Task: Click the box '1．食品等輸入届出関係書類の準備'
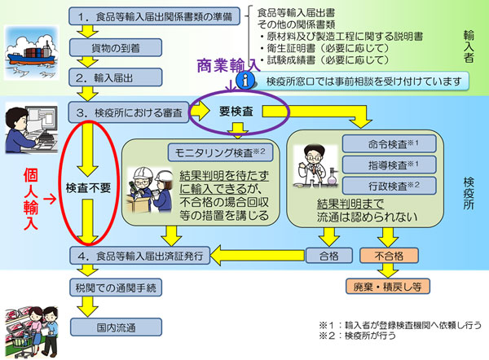(x=156, y=15)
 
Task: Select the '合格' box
(x=329, y=254)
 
